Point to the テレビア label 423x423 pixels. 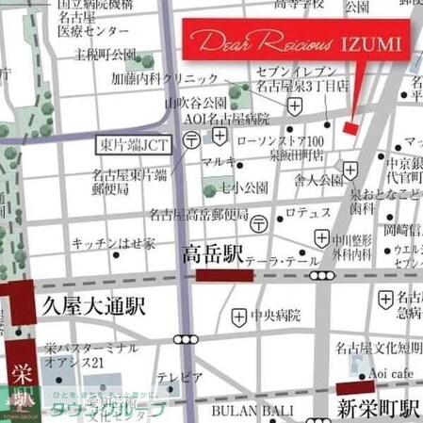pyautogui.click(x=179, y=378)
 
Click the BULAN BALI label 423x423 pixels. pyautogui.click(x=244, y=411)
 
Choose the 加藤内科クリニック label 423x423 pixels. pyautogui.click(x=166, y=79)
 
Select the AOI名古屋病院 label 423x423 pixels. pyautogui.click(x=225, y=119)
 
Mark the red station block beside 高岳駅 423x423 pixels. pyautogui.click(x=219, y=275)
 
